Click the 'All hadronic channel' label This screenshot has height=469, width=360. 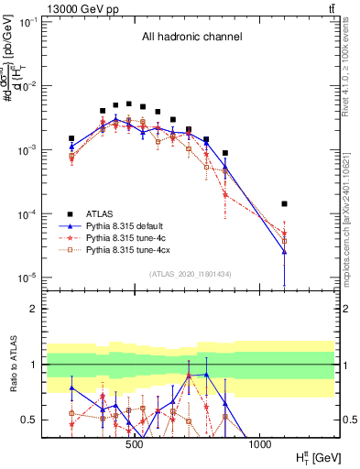click(x=191, y=38)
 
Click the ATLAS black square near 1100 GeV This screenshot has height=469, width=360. click(x=285, y=203)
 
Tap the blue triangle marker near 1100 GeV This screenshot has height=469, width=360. click(x=285, y=252)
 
